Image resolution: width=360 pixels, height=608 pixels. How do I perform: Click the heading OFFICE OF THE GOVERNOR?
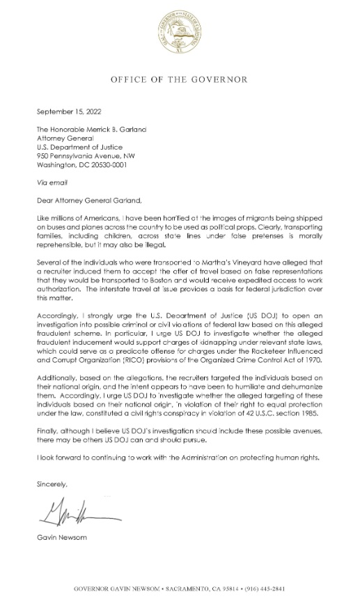click(x=180, y=80)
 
